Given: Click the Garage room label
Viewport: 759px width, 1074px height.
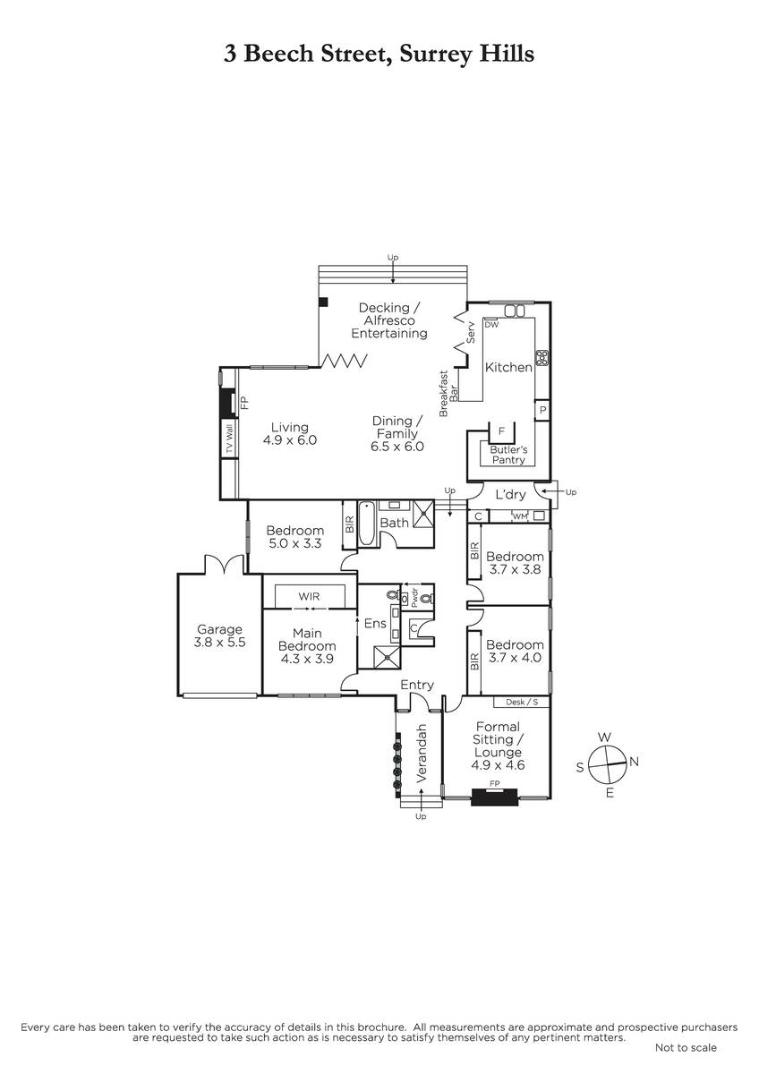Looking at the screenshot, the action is tap(219, 629).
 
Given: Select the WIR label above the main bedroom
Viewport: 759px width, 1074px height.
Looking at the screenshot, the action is tap(309, 596).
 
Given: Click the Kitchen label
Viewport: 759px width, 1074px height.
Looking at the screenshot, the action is tap(508, 367).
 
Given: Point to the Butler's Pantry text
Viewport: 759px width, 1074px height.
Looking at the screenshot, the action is tap(508, 455).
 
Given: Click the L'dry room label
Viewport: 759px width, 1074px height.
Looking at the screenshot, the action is tap(511, 495).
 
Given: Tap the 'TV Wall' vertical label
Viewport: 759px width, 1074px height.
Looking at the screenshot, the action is tap(229, 439).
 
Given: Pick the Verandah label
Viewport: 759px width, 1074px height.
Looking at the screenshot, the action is tap(421, 754).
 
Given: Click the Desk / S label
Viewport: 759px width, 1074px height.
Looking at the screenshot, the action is tap(522, 702).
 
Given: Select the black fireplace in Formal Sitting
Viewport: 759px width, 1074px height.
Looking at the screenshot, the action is tap(494, 797).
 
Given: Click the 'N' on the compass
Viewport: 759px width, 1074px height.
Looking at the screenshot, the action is tap(634, 762).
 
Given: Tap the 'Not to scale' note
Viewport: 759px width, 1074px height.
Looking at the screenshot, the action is tap(686, 1048).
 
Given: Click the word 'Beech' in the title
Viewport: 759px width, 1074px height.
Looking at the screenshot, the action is tap(278, 54).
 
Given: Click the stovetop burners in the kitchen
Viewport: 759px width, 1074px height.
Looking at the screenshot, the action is tap(542, 358).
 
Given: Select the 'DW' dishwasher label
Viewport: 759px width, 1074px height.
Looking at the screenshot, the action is tap(492, 325).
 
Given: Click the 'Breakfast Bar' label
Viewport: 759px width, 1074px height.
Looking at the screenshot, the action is tap(448, 393).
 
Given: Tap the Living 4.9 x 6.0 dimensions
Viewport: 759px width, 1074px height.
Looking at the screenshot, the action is tap(290, 440).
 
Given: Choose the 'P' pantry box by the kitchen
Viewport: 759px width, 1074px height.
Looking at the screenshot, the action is tap(542, 411).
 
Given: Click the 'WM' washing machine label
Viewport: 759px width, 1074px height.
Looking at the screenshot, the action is tap(520, 516).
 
